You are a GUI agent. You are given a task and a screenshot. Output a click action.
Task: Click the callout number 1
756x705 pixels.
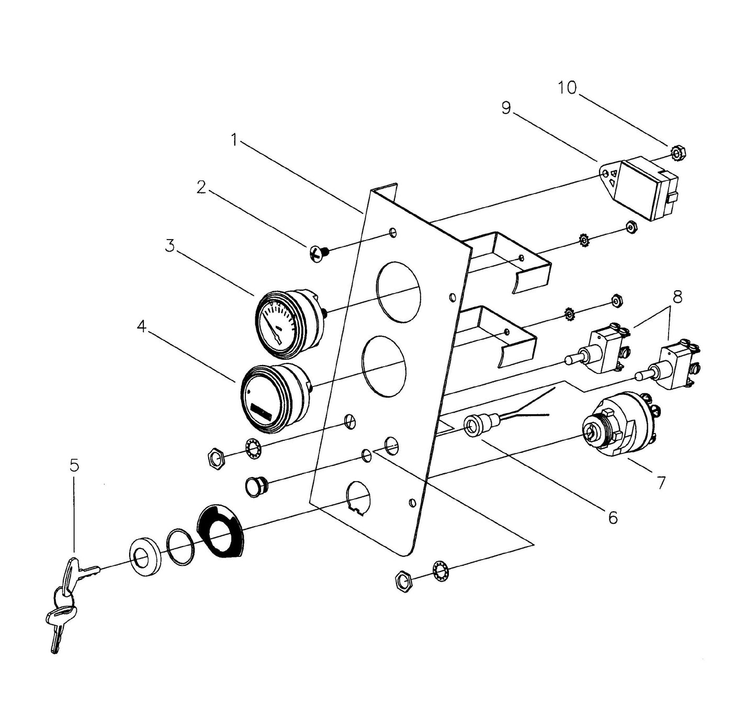pos(235,140)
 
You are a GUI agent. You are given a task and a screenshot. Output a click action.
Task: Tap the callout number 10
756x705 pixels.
pos(567,88)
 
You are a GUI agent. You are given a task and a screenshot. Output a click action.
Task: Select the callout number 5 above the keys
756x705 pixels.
pos(74,464)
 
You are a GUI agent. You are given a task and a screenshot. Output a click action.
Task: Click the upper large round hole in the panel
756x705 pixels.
pos(399,291)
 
